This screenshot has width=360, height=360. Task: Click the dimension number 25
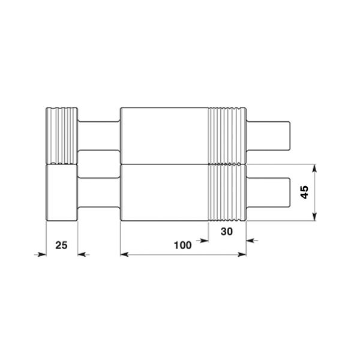point(61,245)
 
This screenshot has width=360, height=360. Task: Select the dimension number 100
point(182,245)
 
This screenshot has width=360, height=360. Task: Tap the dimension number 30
point(227,232)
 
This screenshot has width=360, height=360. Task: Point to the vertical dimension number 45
point(304,193)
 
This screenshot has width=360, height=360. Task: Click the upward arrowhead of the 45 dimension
point(315,168)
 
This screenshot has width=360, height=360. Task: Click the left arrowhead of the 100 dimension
point(124,254)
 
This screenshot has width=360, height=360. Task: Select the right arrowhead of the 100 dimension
point(242,254)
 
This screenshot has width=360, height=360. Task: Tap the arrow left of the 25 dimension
point(40,254)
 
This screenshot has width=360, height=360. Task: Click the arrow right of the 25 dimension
point(83,254)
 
